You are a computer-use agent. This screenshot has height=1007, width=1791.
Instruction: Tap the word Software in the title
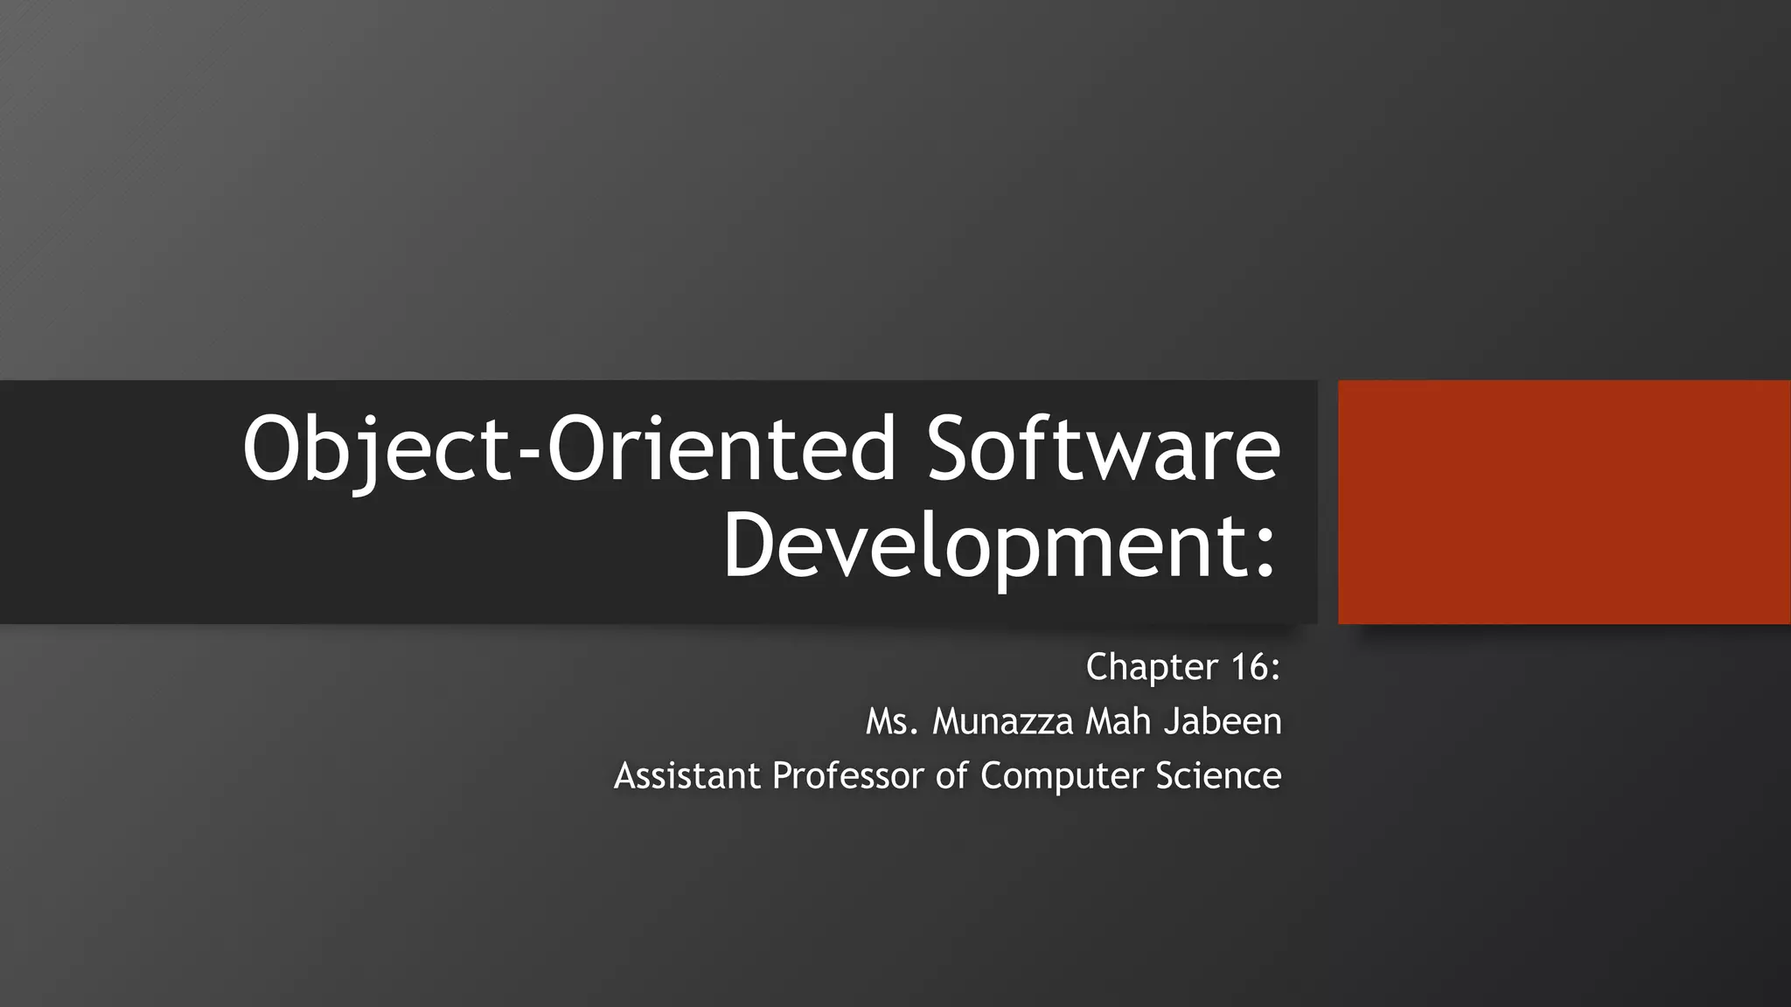(x=1104, y=450)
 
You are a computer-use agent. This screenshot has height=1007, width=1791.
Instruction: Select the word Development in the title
(x=984, y=546)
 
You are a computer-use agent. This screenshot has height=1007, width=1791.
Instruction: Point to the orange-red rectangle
(x=1564, y=502)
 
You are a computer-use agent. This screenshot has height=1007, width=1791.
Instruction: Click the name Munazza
(x=1002, y=722)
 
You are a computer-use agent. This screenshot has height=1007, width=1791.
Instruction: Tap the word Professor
(x=847, y=776)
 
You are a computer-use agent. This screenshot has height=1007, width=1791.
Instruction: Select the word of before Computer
(x=951, y=776)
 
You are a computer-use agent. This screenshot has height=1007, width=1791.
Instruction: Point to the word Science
(x=1218, y=776)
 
